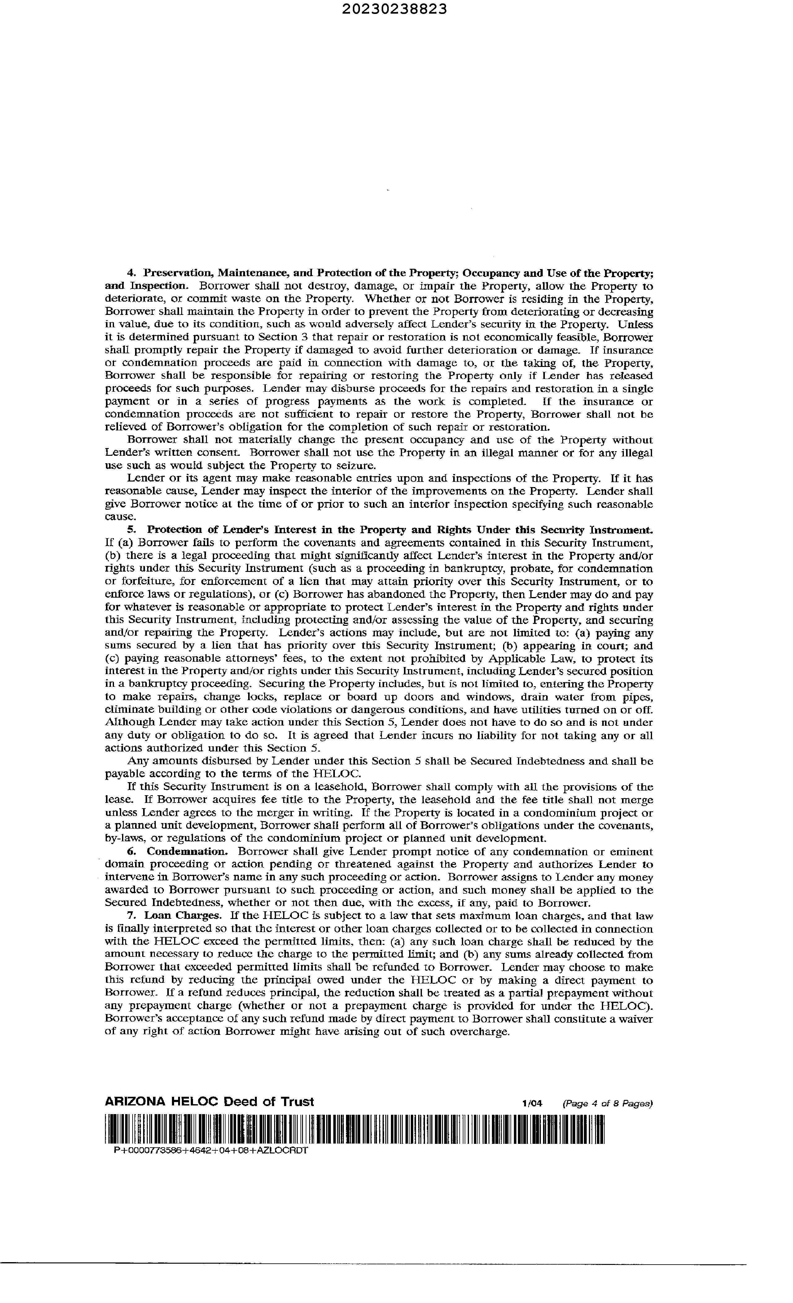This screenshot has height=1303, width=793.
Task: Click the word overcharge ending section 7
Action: click(478, 1031)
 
